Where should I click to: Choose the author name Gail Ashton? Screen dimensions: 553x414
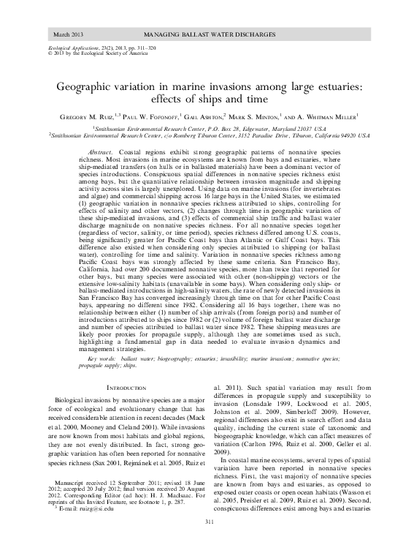tap(222, 116)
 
